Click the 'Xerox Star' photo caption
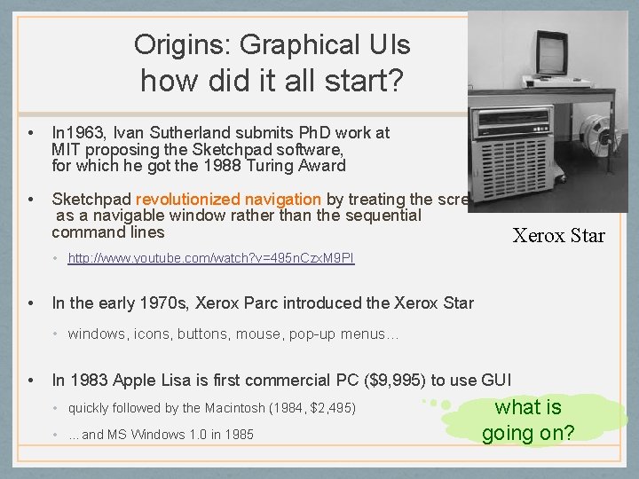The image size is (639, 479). coord(558,235)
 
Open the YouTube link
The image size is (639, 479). coord(211,258)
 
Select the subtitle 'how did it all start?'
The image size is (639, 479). coord(272,82)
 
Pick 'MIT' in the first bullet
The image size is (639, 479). coord(66,149)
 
